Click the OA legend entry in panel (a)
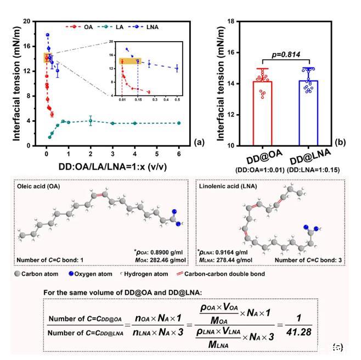tap(84, 26)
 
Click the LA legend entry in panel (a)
tap(118, 26)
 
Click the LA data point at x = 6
tap(179, 123)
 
